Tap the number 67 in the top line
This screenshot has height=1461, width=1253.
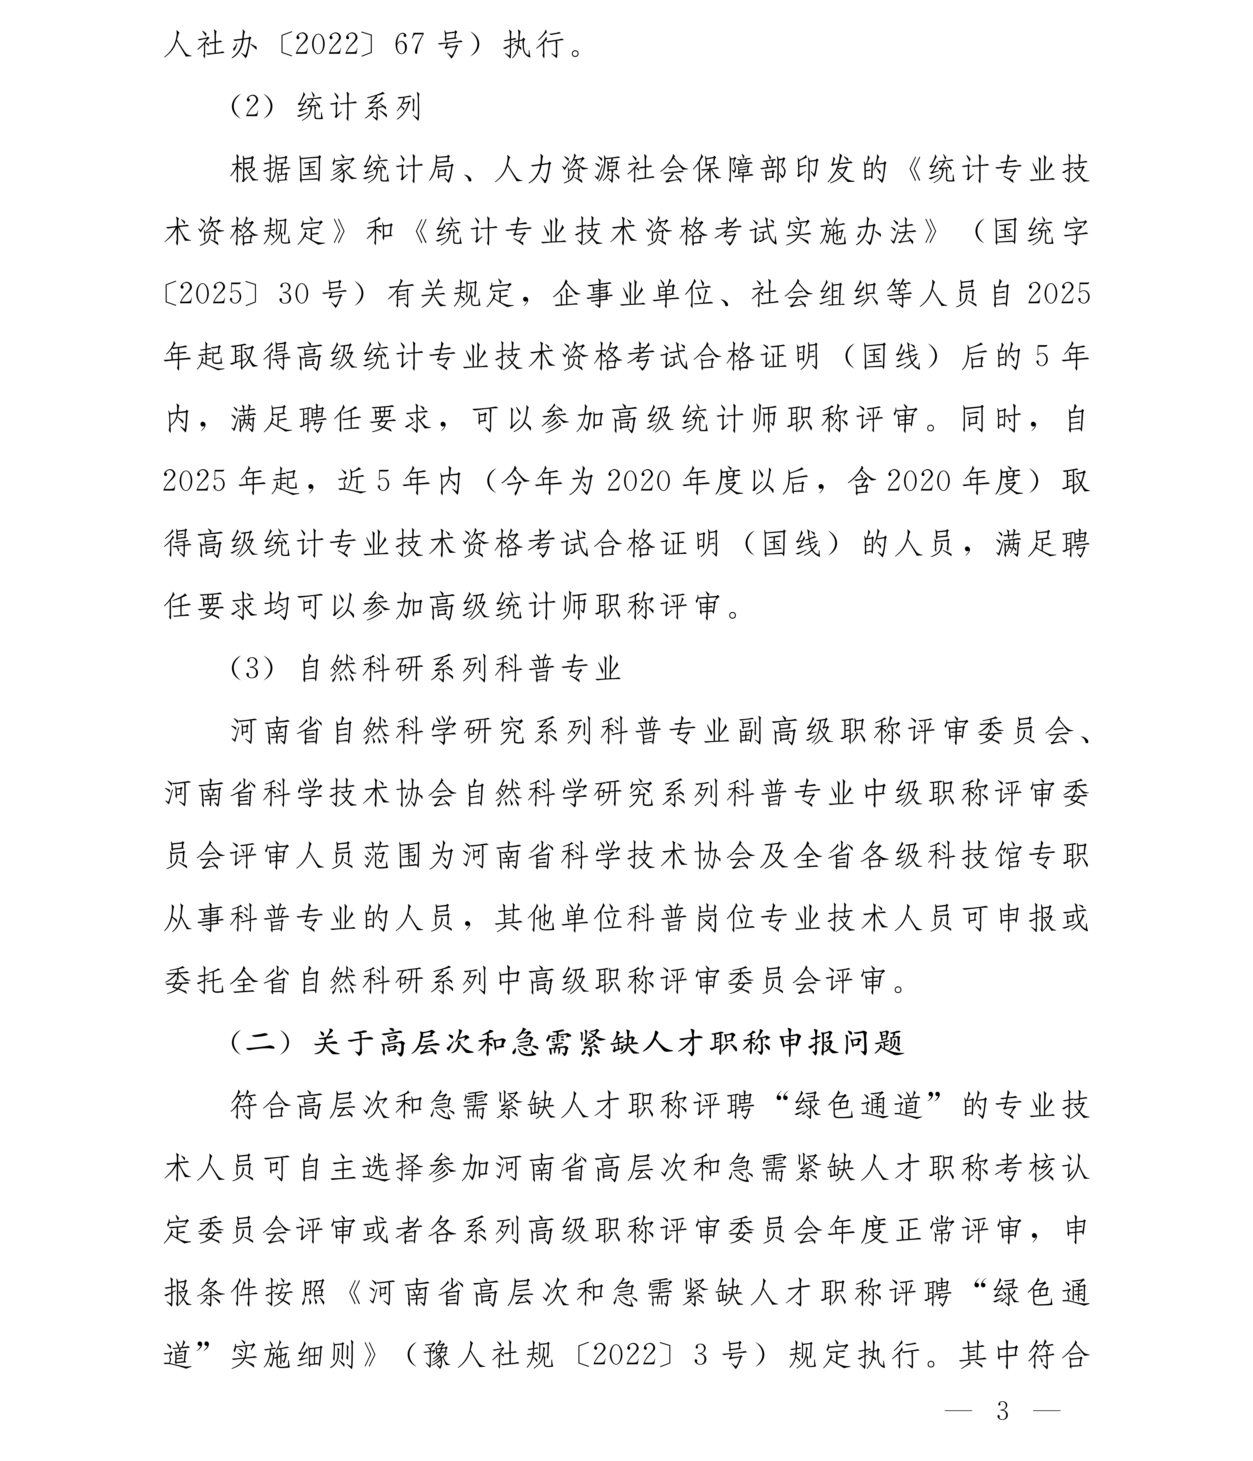(410, 45)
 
